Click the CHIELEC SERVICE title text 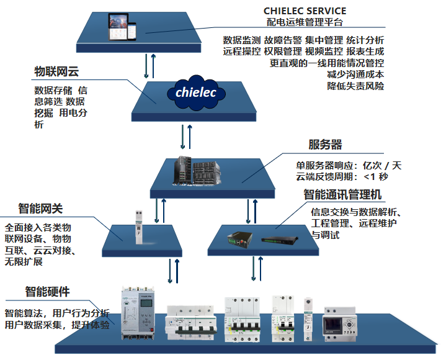(305, 11)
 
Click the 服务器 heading (325, 145)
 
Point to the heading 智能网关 (40, 208)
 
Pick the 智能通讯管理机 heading (342, 195)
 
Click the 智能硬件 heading (47, 291)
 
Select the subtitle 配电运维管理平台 (305, 22)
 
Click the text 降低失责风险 (355, 86)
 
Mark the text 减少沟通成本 (355, 74)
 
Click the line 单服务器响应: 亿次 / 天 (349, 165)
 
